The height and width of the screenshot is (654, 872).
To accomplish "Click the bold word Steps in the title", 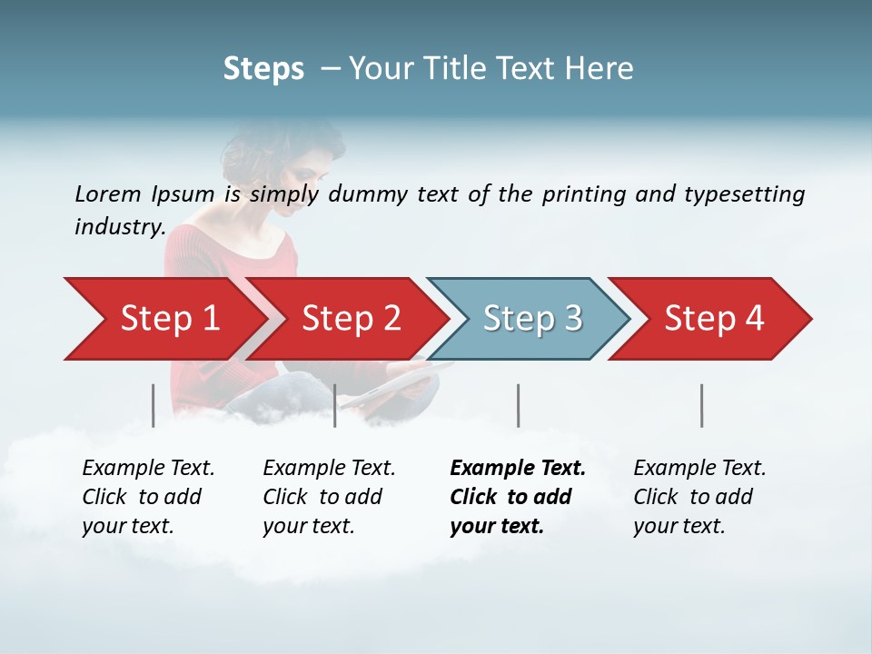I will (263, 69).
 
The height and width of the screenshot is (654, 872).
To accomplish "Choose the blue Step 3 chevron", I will (532, 319).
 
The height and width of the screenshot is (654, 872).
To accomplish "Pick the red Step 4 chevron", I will (714, 319).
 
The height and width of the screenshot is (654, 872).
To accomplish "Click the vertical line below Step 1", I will (153, 405).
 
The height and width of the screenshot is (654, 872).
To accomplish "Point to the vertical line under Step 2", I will (335, 405).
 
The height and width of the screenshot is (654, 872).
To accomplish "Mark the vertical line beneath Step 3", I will (518, 405).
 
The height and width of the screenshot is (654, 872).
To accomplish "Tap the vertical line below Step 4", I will (701, 405).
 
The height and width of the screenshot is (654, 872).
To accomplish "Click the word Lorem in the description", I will (108, 194).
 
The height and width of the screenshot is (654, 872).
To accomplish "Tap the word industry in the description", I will (119, 227).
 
